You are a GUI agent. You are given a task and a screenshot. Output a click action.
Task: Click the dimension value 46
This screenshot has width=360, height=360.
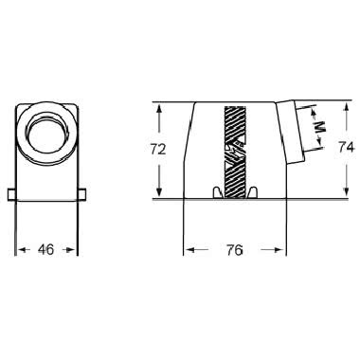pos(45,250)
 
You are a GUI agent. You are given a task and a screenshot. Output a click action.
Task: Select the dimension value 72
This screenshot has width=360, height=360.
pos(159,149)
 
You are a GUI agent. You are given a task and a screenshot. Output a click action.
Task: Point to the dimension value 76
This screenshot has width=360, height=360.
pos(235,251)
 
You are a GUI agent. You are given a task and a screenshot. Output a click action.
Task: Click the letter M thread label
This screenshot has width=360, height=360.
pos(319,124)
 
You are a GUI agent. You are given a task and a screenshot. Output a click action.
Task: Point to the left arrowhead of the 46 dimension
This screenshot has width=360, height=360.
pos(20,251)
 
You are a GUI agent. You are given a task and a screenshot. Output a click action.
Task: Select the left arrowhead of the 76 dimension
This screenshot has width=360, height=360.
pos(187,251)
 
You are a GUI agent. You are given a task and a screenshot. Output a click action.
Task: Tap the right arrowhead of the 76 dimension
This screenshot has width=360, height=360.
pos(282,251)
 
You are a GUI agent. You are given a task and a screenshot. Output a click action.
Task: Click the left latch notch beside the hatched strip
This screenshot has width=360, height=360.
pos(218,193)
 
